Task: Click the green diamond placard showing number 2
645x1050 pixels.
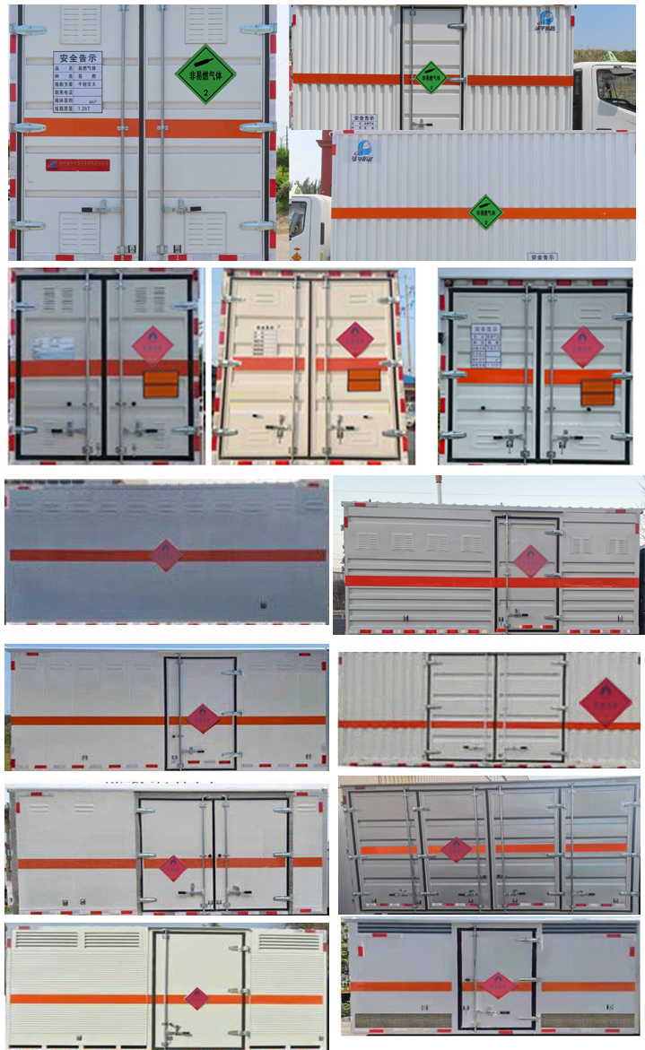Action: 205,74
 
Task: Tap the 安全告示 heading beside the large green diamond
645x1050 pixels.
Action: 77,58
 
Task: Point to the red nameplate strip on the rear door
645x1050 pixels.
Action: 78,164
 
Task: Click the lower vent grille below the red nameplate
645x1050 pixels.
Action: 80,231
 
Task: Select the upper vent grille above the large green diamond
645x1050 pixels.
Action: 205,24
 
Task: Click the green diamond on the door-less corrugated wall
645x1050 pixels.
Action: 485,213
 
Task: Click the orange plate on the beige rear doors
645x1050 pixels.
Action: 364,380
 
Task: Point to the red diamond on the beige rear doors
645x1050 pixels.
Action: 355,339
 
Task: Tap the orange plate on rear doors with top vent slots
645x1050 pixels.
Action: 161,384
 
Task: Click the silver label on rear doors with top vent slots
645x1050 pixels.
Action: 54,347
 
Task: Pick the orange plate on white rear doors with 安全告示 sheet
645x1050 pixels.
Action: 597,392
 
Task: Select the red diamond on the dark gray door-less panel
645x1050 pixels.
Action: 165,555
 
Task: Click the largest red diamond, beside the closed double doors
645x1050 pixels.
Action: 606,702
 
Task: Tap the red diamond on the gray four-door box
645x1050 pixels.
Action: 456,848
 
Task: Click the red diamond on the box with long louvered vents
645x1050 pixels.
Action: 197,998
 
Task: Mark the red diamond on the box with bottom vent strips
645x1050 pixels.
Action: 494,985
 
